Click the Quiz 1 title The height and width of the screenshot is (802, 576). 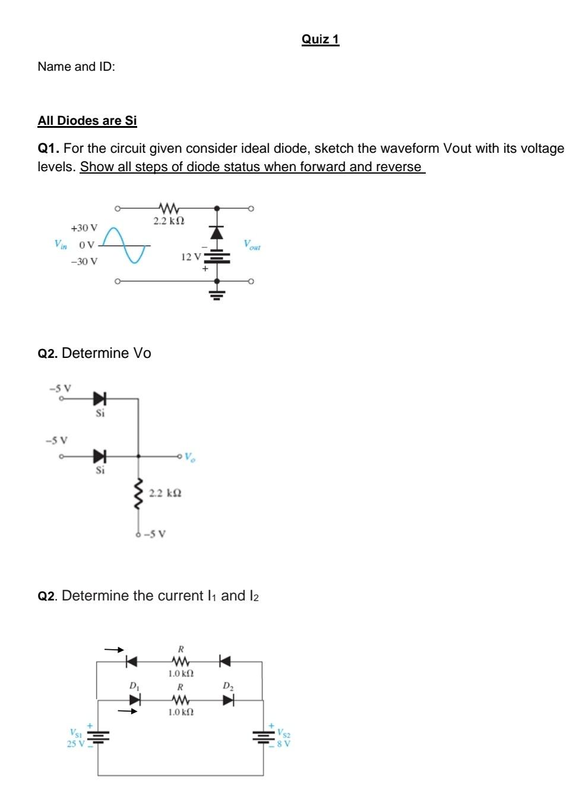pyautogui.click(x=320, y=39)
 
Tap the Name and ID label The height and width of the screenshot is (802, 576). pyautogui.click(x=76, y=67)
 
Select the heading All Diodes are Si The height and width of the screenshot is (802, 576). pyautogui.click(x=87, y=121)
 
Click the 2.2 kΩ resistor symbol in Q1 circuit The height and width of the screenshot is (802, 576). pyautogui.click(x=169, y=208)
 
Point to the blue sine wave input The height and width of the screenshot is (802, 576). pyautogui.click(x=126, y=244)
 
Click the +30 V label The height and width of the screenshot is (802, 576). pyautogui.click(x=84, y=228)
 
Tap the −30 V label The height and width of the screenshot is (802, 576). pyautogui.click(x=84, y=262)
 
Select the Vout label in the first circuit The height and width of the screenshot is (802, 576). pyautogui.click(x=252, y=245)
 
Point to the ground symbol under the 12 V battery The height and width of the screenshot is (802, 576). pyautogui.click(x=217, y=293)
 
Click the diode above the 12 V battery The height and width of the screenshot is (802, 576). pyautogui.click(x=217, y=232)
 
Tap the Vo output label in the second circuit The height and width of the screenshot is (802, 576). pyautogui.click(x=190, y=457)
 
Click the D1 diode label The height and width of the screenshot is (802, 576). pyautogui.click(x=134, y=686)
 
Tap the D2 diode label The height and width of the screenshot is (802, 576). pyautogui.click(x=228, y=686)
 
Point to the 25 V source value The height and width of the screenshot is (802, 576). pyautogui.click(x=75, y=744)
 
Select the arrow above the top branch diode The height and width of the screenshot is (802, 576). pyautogui.click(x=114, y=649)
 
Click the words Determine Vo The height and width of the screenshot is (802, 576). pyautogui.click(x=106, y=353)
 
